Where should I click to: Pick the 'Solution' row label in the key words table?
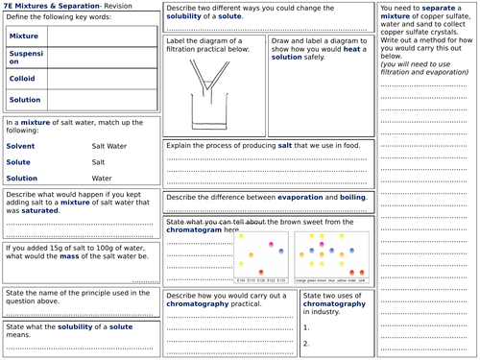pos(24,100)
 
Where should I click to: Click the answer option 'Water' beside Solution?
pos(102,178)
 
